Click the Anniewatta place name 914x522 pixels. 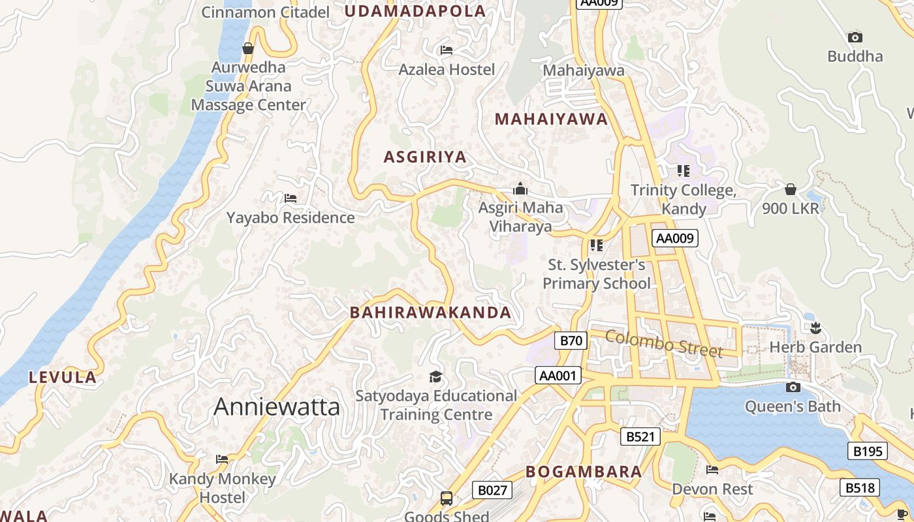pyautogui.click(x=277, y=407)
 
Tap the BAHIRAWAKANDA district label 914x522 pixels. pyautogui.click(x=430, y=313)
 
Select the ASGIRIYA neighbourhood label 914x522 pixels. pyautogui.click(x=425, y=157)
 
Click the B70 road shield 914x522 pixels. pyautogui.click(x=571, y=340)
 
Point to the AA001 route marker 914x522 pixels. pyautogui.click(x=558, y=375)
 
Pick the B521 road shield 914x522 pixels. pyautogui.click(x=640, y=437)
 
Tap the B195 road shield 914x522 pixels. pyautogui.click(x=868, y=451)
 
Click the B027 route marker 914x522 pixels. pyautogui.click(x=492, y=490)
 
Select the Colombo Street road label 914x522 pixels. pyautogui.click(x=664, y=343)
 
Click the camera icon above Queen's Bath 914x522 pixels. pyautogui.click(x=793, y=388)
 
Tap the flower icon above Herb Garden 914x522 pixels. pyautogui.click(x=815, y=328)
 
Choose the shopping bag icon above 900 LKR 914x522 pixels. pyautogui.click(x=790, y=190)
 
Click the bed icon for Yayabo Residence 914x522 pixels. pyautogui.click(x=291, y=198)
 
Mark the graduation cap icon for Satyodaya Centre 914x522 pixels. pyautogui.click(x=435, y=376)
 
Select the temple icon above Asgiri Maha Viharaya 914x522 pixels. pyautogui.click(x=520, y=189)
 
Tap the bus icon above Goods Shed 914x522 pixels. pyautogui.click(x=447, y=499)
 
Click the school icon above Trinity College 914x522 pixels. pyautogui.click(x=683, y=171)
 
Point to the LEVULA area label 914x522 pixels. pyautogui.click(x=63, y=377)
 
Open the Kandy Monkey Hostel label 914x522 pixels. pyautogui.click(x=223, y=488)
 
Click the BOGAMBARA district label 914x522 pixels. pyautogui.click(x=584, y=472)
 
